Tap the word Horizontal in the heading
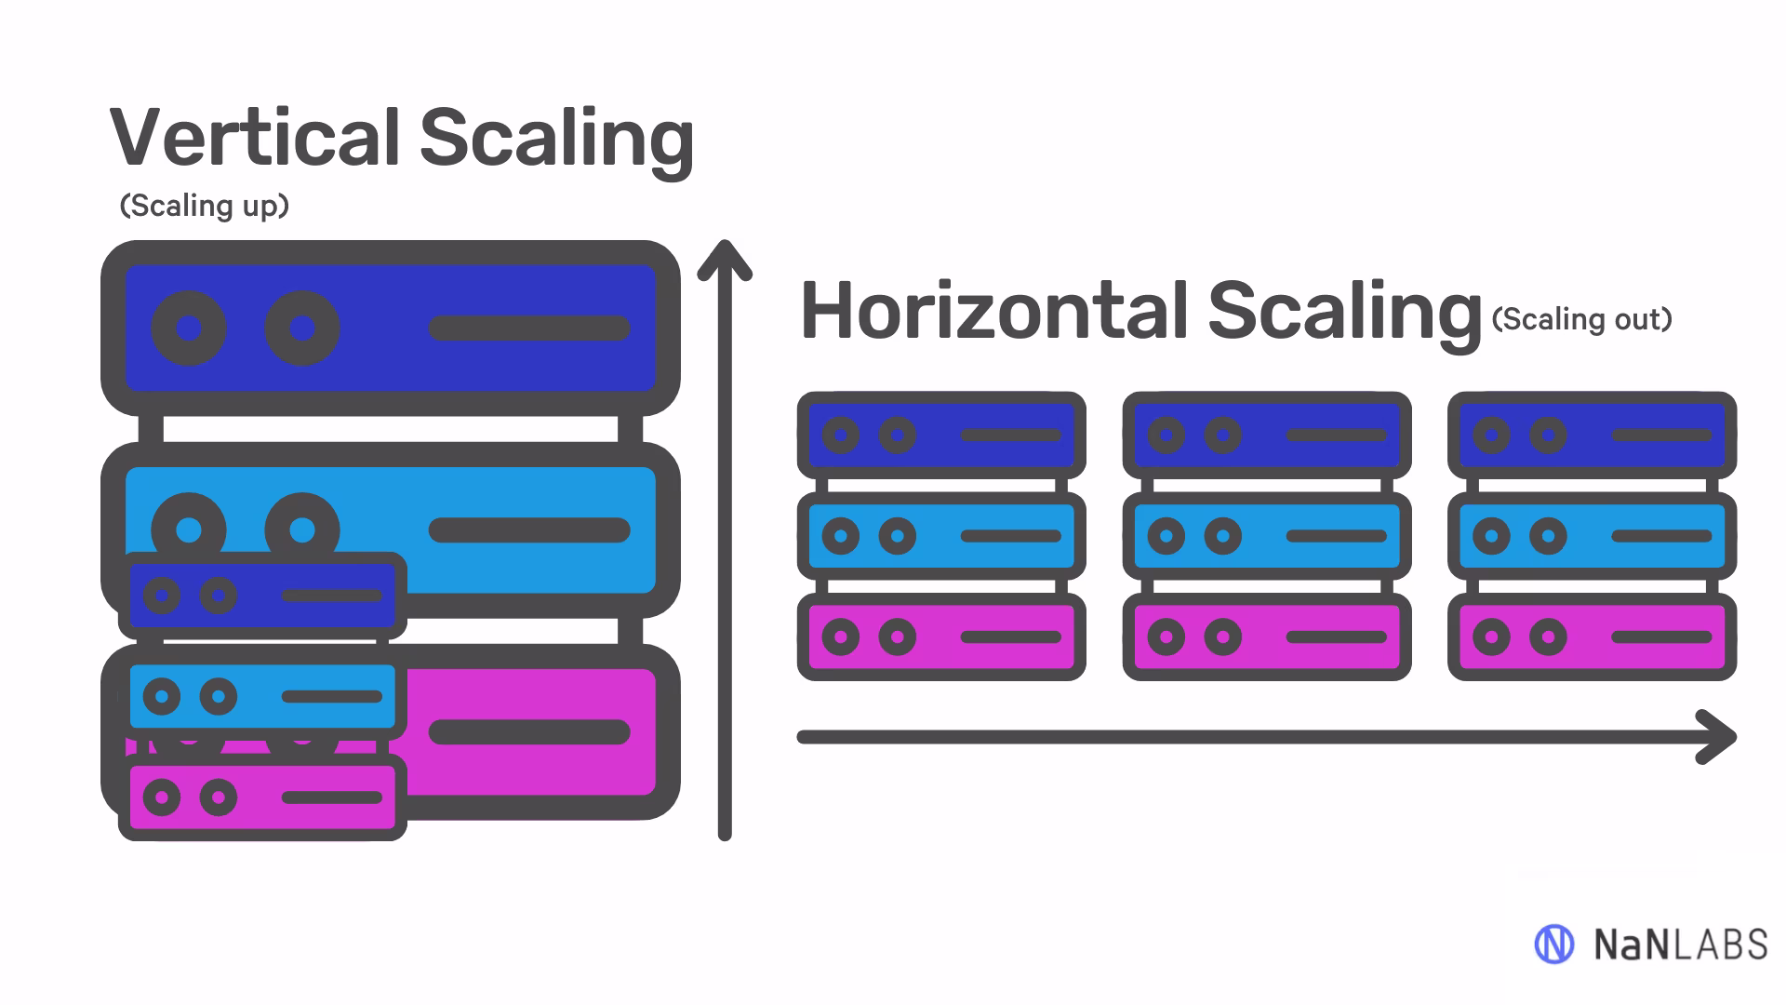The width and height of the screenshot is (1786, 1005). click(993, 311)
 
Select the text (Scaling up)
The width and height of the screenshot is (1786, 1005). click(205, 206)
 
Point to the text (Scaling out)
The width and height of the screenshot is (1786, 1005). click(1581, 319)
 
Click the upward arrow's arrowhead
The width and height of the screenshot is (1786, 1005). click(725, 257)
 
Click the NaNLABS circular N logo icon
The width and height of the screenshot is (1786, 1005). click(1553, 945)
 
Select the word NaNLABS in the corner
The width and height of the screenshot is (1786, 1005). click(1680, 945)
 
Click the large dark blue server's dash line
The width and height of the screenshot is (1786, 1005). click(528, 328)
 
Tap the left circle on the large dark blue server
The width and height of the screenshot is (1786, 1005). click(189, 328)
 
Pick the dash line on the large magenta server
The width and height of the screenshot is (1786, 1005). click(528, 732)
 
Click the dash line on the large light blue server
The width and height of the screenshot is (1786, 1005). click(528, 530)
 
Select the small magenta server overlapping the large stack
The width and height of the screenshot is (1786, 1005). click(263, 797)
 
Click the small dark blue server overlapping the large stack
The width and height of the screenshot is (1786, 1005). click(263, 596)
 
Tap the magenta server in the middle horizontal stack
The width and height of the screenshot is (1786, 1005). click(1267, 636)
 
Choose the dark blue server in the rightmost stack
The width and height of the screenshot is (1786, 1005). click(1592, 435)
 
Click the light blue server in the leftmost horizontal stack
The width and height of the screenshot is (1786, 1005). click(941, 536)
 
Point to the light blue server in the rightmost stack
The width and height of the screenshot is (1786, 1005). click(1592, 536)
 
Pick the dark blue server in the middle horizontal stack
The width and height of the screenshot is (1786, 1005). click(1267, 435)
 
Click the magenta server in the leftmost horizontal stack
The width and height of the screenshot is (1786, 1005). click(941, 636)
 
